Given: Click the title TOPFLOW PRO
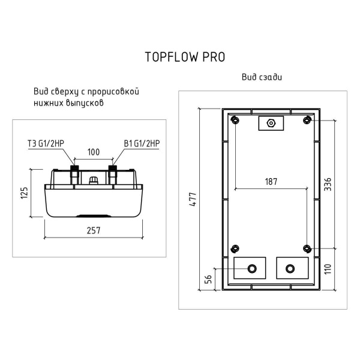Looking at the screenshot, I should pos(185,56).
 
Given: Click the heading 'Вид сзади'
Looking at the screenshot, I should pos(262,77).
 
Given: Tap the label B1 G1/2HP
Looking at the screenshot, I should pos(142,143).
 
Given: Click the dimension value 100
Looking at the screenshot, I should pos(93,153).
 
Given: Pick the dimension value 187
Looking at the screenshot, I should pos(271,182).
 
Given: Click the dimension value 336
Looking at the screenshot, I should pos(328,184).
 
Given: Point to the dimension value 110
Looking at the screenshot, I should pos(328,268).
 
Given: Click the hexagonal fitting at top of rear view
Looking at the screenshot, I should pos(271,124).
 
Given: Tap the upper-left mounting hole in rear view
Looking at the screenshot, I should pos(235,120).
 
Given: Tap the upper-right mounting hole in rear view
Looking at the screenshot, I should pos(307,120).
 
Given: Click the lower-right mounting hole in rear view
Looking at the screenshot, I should pos(307,248).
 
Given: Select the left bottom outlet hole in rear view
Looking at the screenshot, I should pos(251,268).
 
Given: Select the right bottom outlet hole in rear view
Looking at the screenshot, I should pos(291,268).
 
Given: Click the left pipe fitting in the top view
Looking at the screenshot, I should pos(75,173).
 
